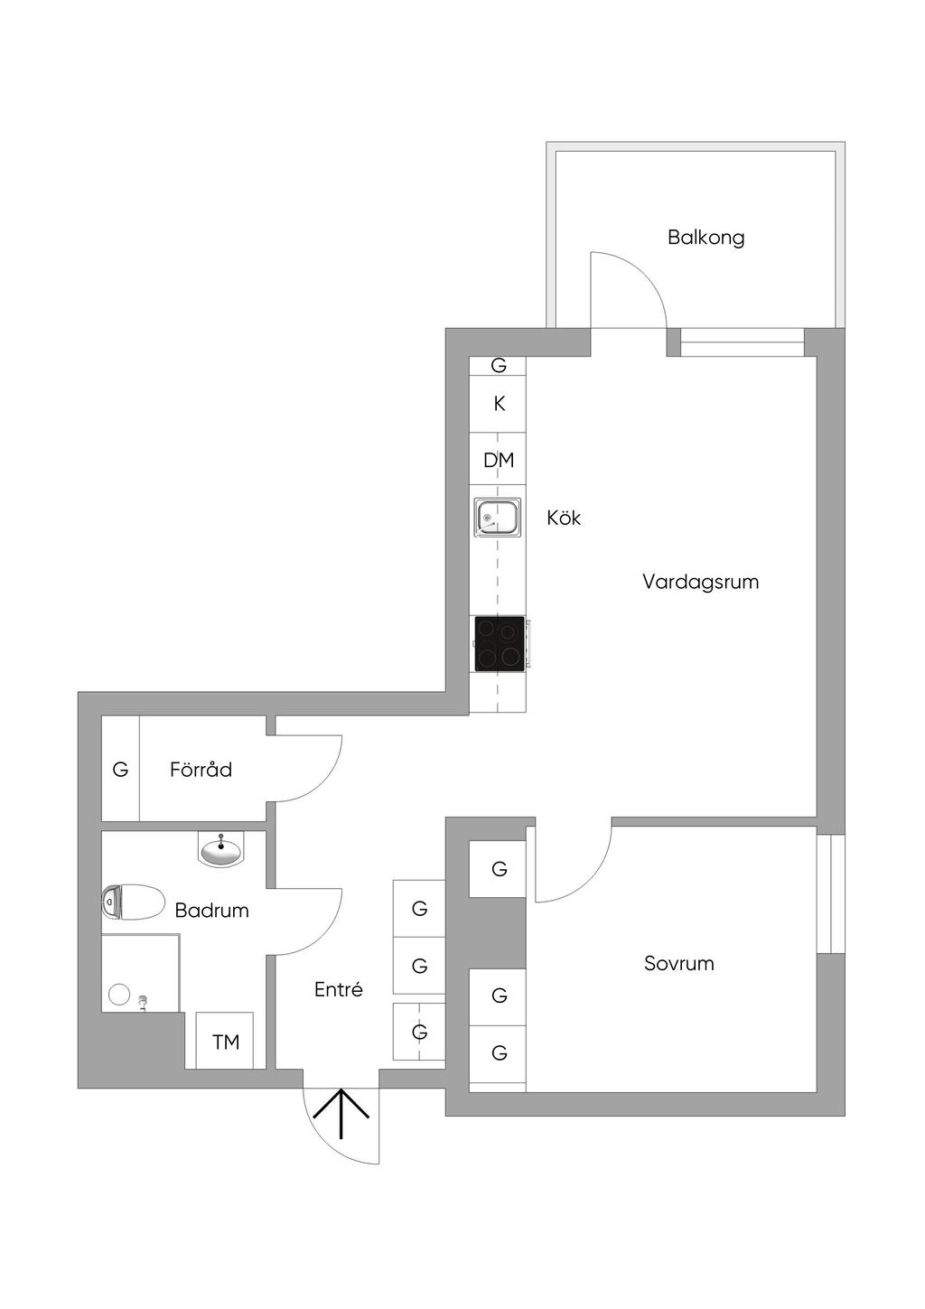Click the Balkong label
[705, 238]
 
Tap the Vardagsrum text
[701, 582]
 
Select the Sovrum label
[679, 963]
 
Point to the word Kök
[564, 518]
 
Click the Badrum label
[211, 910]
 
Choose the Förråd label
[201, 769]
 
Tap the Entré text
[339, 989]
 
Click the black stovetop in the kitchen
[500, 643]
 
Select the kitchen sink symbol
[497, 517]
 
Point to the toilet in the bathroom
[133, 902]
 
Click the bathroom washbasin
[221, 850]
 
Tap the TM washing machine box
[225, 1042]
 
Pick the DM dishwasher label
[499, 461]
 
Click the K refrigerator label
[499, 404]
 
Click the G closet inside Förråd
[120, 769]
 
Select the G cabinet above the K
[498, 365]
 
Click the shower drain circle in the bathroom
[119, 994]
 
